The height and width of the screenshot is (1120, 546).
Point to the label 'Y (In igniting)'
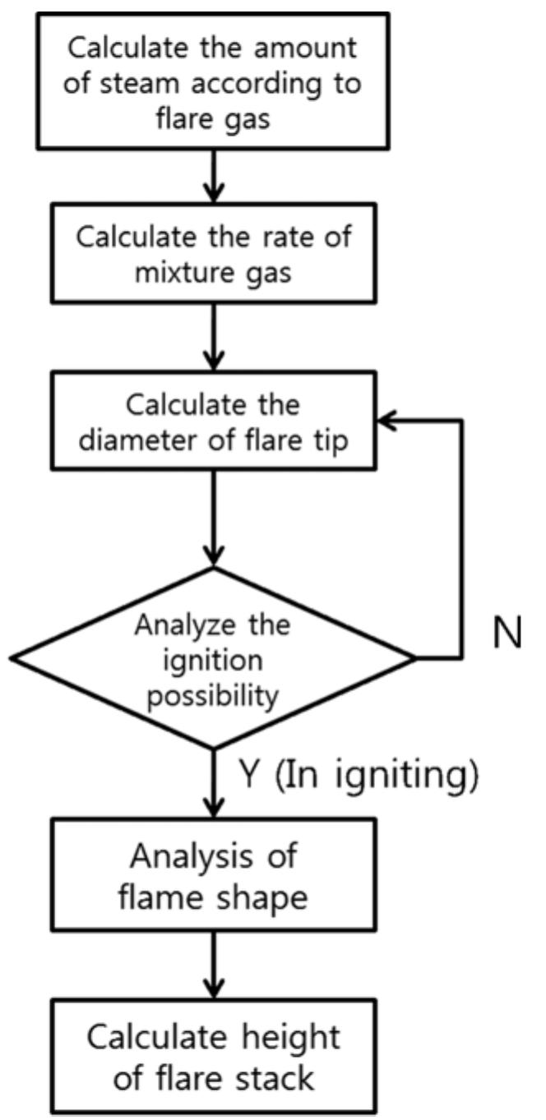pos(359,775)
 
